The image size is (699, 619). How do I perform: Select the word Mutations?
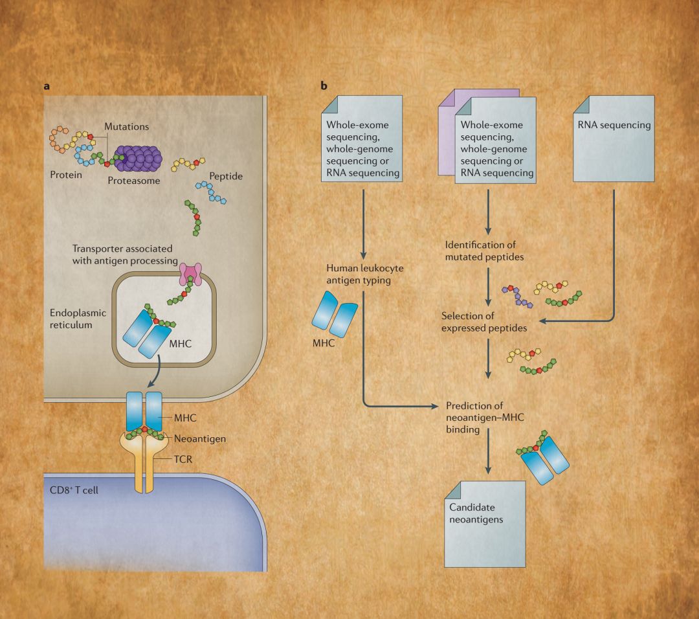pos(126,127)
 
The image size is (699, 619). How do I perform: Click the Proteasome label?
pos(133,181)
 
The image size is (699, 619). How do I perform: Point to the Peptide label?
pos(226,175)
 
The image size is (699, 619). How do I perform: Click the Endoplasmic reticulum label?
pos(77,317)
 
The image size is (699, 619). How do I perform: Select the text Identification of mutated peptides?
pos(484,251)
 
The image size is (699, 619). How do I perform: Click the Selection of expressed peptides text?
pos(483,322)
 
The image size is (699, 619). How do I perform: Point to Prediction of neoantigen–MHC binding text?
pos(485,416)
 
